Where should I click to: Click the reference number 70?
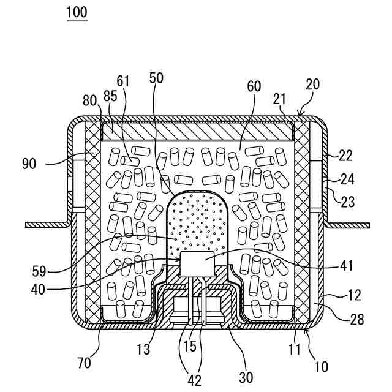click(x=84, y=363)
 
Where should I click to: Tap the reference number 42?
click(x=194, y=380)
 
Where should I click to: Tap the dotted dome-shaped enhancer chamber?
click(x=197, y=221)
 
